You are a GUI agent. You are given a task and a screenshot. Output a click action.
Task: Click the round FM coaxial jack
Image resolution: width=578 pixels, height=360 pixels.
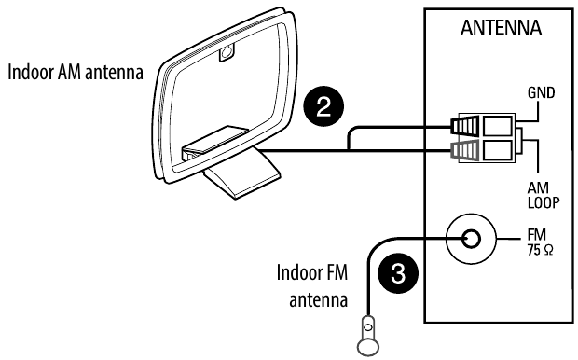point(471,242)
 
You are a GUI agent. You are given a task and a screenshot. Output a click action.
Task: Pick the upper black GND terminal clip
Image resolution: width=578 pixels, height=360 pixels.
point(462,126)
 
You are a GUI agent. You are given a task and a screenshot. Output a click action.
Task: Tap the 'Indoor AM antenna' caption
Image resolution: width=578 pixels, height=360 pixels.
point(75,75)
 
